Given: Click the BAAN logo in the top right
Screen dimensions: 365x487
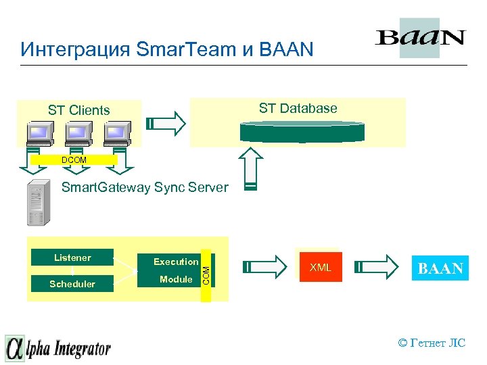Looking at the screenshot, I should (419, 38).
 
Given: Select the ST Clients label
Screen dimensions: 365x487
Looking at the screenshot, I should (78, 110).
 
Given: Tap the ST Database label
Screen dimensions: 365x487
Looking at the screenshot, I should (298, 108).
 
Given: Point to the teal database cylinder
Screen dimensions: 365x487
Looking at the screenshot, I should (302, 131).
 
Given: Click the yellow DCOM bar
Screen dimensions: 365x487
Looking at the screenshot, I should (73, 160).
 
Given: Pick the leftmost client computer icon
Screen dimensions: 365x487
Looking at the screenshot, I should (39, 135).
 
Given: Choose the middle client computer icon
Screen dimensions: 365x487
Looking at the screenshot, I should (77, 135).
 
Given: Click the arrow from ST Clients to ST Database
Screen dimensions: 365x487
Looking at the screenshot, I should (166, 123).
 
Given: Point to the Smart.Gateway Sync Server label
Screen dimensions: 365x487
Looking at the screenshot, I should (145, 188).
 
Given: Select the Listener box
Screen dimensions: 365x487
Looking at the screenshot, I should (72, 258).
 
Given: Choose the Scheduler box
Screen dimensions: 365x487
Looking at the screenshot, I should (72, 284).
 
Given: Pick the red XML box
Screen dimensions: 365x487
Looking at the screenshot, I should (320, 268).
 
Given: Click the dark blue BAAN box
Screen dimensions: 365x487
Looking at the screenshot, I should (440, 268).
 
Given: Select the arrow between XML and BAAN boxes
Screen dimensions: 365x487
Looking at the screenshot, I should (379, 268).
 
